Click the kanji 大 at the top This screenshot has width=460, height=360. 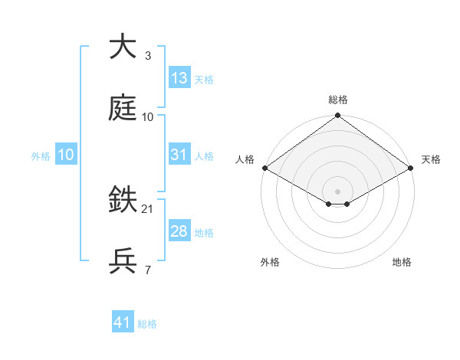click(123, 47)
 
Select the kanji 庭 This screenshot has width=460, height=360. click(123, 109)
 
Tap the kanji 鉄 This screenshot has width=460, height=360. click(123, 201)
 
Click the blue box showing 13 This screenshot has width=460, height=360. click(179, 78)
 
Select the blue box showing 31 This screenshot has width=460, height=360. click(179, 155)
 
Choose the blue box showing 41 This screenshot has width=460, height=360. click(123, 322)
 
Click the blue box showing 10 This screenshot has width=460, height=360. click(65, 155)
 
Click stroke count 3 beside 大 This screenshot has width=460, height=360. click(147, 55)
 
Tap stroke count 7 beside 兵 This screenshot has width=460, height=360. click(147, 270)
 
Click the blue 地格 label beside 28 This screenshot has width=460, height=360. click(204, 233)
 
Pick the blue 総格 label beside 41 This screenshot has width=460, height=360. click(147, 324)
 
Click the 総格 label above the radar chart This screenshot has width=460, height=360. click(338, 100)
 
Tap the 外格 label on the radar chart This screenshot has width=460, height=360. click(270, 262)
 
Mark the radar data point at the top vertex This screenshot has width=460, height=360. click(338, 116)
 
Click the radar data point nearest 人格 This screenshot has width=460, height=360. click(264, 168)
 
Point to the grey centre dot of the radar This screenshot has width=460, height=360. click(338, 191)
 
